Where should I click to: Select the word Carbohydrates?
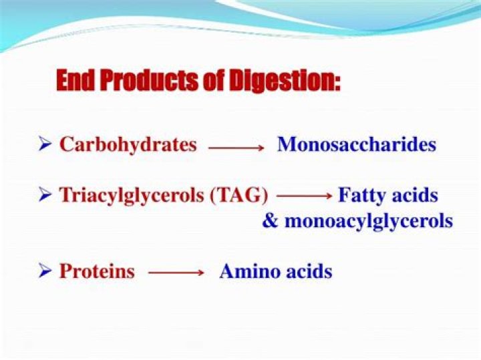pyautogui.click(x=128, y=144)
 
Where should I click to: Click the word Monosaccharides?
pyautogui.click(x=356, y=144)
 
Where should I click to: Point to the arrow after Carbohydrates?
pyautogui.click(x=236, y=148)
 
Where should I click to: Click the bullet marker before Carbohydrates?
pyautogui.click(x=45, y=144)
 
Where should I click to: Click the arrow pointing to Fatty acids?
pyautogui.click(x=305, y=196)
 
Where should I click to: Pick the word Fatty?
pyautogui.click(x=361, y=195)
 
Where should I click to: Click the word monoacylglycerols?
pyautogui.click(x=369, y=221)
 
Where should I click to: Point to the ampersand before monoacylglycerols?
pyautogui.click(x=270, y=221)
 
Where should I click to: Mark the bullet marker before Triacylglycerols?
pyautogui.click(x=45, y=195)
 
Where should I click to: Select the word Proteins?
pyautogui.click(x=97, y=272)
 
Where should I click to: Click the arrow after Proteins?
pyautogui.click(x=176, y=273)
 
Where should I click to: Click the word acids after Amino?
pyautogui.click(x=307, y=272)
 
